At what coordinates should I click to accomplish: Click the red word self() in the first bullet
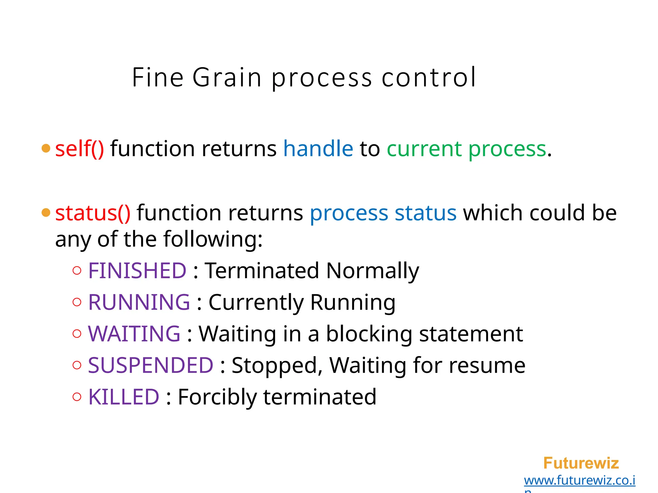click(79, 149)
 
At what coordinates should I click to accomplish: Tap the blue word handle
click(318, 149)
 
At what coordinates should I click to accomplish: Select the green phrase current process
click(466, 150)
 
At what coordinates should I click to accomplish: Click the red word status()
click(93, 213)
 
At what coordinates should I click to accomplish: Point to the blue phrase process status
click(383, 214)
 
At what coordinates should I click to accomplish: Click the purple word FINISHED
click(137, 271)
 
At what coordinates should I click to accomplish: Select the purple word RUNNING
click(139, 302)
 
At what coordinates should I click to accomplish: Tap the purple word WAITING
click(134, 334)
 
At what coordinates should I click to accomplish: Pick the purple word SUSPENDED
click(151, 365)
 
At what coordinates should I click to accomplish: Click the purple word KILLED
click(124, 397)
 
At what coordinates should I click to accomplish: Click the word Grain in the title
click(227, 78)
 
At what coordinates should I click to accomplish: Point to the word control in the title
click(429, 78)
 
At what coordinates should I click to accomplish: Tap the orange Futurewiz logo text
click(581, 463)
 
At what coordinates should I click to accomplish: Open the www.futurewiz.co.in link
click(580, 480)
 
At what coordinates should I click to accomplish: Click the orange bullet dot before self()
click(46, 148)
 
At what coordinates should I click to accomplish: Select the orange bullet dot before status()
click(46, 212)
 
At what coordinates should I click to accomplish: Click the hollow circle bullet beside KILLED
click(77, 397)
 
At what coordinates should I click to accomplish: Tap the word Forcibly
click(217, 398)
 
